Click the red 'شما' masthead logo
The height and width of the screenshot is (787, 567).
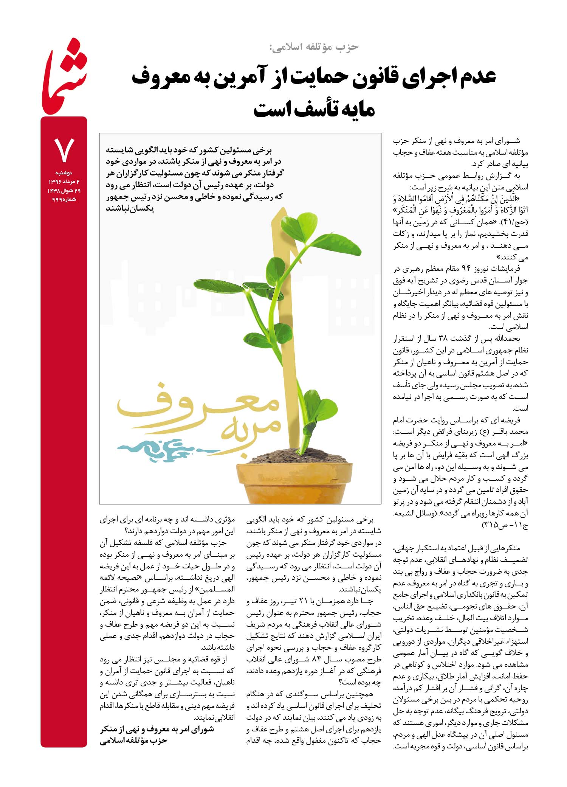coord(64,78)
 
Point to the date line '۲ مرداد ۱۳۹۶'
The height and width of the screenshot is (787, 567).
coord(64,182)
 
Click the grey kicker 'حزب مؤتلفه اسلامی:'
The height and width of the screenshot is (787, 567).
coord(313,47)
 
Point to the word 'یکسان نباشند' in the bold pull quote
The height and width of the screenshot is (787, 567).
coord(130,208)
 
